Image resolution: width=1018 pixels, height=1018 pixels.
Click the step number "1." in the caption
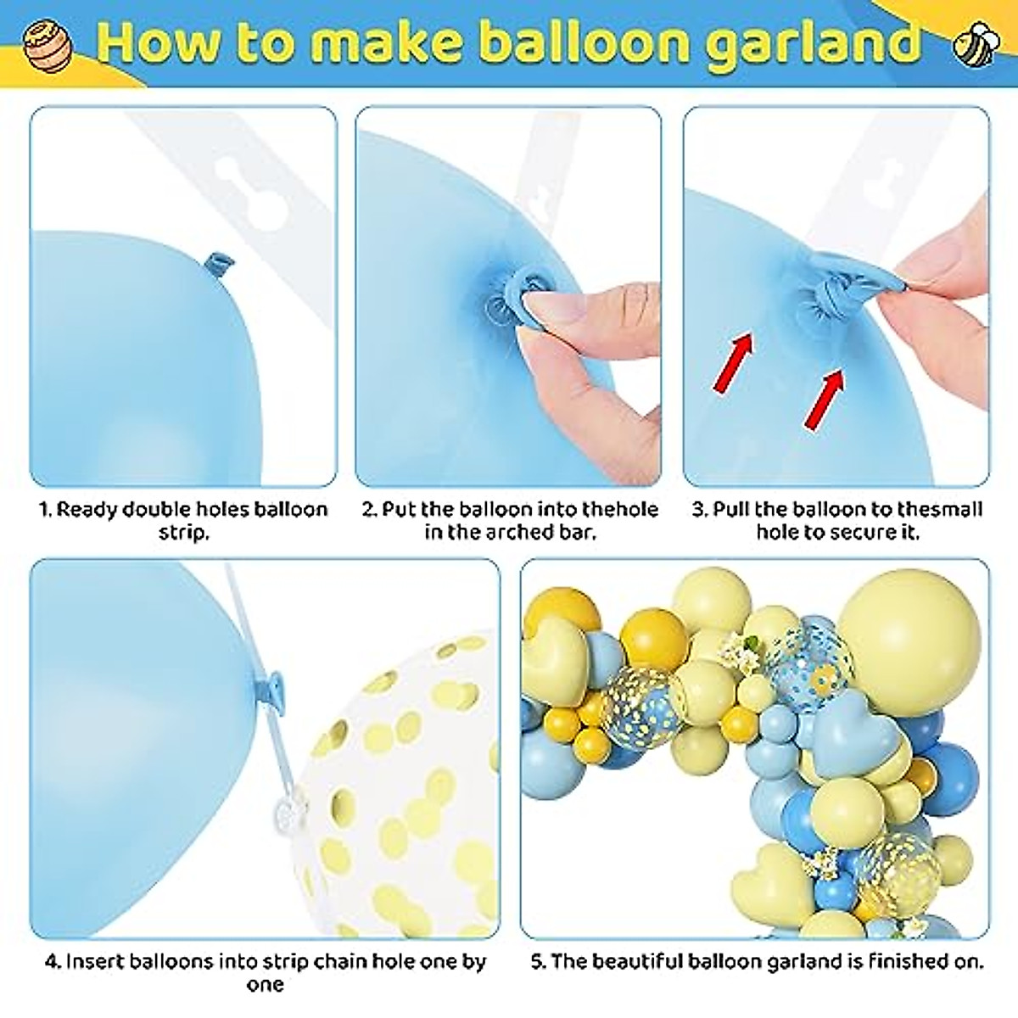(x=46, y=510)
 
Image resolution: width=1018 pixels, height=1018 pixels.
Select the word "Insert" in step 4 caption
(x=93, y=962)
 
